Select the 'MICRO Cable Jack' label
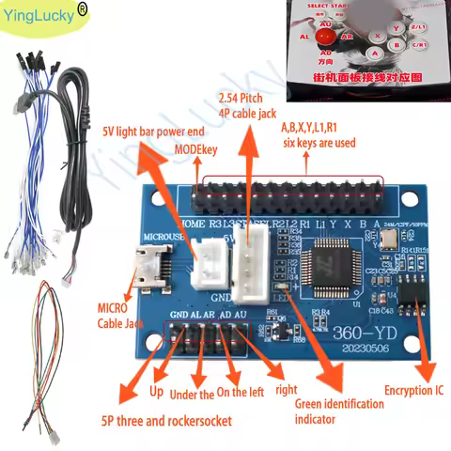click(114, 314)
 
